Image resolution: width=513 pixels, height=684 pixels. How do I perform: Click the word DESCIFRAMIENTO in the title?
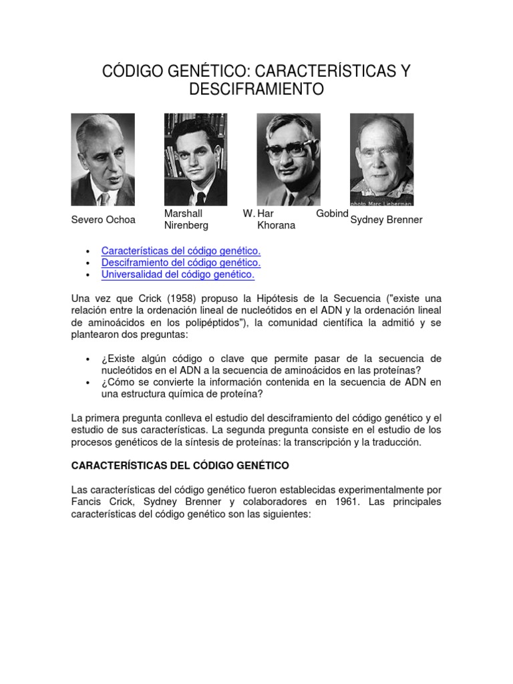pyautogui.click(x=256, y=89)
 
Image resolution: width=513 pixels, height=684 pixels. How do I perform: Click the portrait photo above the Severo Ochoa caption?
pyautogui.click(x=103, y=160)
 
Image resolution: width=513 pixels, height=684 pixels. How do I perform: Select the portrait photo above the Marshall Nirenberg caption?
pyautogui.click(x=196, y=160)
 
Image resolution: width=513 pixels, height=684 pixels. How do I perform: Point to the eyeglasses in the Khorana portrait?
pyautogui.click(x=287, y=148)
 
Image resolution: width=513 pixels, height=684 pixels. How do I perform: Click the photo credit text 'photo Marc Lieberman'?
pyautogui.click(x=381, y=202)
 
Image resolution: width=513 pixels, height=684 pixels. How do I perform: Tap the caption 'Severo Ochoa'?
pyautogui.click(x=103, y=220)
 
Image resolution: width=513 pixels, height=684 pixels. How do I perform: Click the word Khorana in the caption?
pyautogui.click(x=277, y=226)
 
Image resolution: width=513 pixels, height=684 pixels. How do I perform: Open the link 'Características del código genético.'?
pyautogui.click(x=180, y=250)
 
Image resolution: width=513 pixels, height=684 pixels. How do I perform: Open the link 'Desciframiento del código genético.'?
pyautogui.click(x=180, y=263)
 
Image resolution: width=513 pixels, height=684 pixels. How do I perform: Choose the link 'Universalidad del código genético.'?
pyautogui.click(x=178, y=275)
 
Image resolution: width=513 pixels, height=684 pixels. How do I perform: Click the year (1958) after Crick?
pyautogui.click(x=170, y=298)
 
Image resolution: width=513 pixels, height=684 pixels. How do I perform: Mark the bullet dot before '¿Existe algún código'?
pyautogui.click(x=88, y=359)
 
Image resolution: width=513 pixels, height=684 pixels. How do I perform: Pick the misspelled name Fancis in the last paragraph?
pyautogui.click(x=88, y=502)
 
